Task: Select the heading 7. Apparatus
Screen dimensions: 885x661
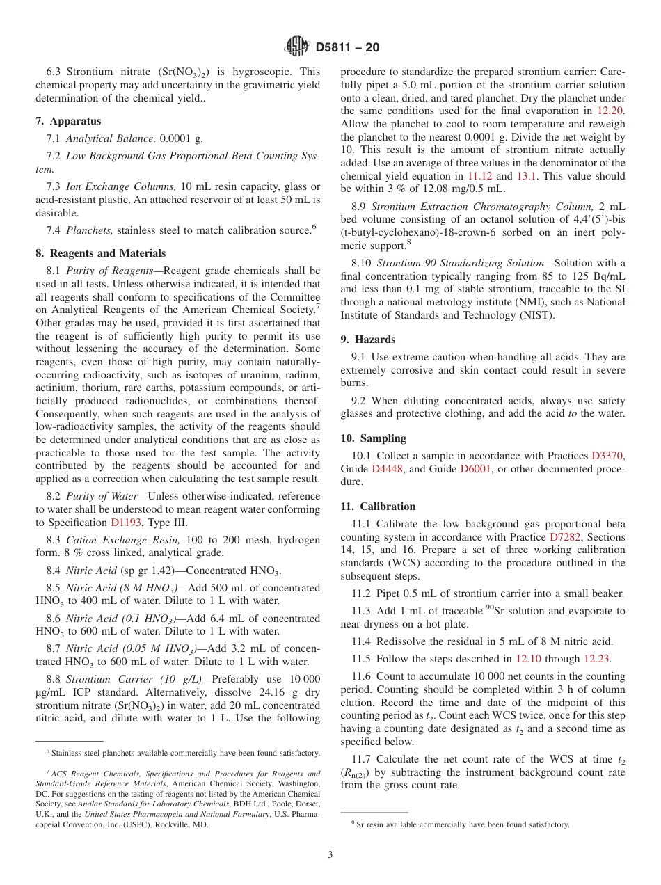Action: (x=67, y=121)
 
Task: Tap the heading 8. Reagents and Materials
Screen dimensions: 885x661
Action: (x=100, y=253)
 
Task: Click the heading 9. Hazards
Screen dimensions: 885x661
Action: (x=367, y=340)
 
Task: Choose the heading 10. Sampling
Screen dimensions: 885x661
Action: (x=373, y=438)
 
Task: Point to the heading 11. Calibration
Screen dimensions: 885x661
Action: (x=378, y=507)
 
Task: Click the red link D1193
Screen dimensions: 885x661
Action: (x=125, y=523)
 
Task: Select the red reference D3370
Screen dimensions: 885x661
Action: (x=607, y=456)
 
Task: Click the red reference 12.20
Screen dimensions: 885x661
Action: (x=611, y=111)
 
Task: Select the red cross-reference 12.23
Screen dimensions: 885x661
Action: (x=596, y=658)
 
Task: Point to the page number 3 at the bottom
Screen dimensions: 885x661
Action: (x=330, y=855)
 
